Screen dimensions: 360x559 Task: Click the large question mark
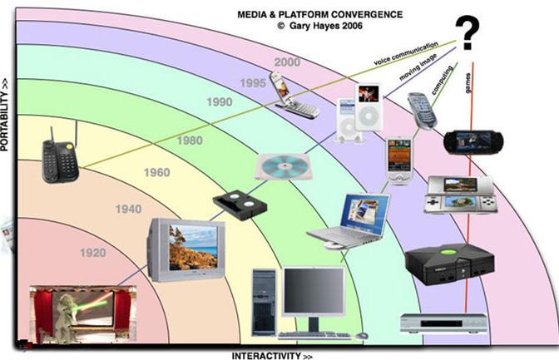tap(471, 35)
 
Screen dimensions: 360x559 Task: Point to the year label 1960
tap(157, 174)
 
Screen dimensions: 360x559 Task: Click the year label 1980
tap(190, 141)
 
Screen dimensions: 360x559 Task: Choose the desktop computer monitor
tap(312, 294)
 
